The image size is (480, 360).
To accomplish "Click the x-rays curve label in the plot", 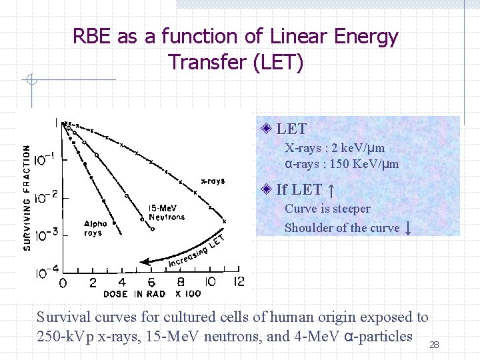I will click(x=213, y=181).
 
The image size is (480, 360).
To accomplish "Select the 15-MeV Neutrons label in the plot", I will click(x=166, y=212).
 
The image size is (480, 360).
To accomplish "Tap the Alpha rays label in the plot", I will click(x=95, y=229).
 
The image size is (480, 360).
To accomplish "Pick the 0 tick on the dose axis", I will click(x=63, y=283).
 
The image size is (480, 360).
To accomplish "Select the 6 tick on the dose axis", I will click(x=152, y=283).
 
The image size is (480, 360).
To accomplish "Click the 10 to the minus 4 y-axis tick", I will click(x=46, y=272).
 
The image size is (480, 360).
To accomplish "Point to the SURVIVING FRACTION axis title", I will click(x=27, y=198).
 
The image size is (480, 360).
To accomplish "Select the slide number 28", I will click(x=434, y=345).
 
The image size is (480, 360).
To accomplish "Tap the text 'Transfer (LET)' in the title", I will click(x=236, y=63).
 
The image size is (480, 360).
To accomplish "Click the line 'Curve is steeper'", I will click(x=327, y=209).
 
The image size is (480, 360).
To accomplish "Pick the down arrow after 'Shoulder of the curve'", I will click(x=407, y=227).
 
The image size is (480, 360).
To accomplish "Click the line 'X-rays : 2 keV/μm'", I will click(x=335, y=148).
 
